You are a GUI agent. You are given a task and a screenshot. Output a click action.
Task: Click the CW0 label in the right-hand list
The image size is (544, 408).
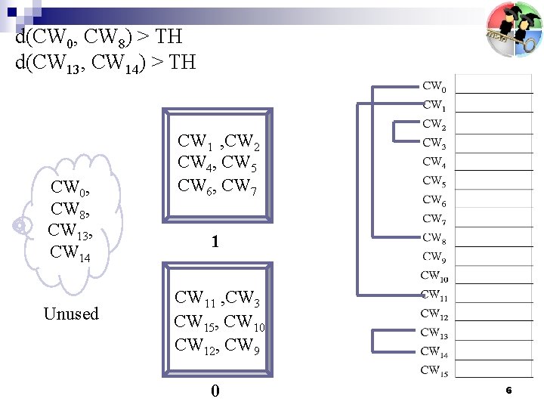click(x=434, y=87)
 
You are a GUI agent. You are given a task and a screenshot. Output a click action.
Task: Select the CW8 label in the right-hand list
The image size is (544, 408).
click(x=434, y=238)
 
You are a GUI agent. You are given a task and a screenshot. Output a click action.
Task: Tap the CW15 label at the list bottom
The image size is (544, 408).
click(x=434, y=370)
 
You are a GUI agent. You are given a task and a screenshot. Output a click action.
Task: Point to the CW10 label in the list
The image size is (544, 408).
click(x=434, y=276)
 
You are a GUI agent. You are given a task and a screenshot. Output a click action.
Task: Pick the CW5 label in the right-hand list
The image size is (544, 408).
click(x=434, y=181)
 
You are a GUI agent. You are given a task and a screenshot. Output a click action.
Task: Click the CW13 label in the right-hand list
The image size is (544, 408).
click(x=434, y=332)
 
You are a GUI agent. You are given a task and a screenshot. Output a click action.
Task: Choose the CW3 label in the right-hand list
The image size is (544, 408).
click(x=434, y=144)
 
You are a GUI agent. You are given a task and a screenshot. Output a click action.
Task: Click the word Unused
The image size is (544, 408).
click(x=71, y=314)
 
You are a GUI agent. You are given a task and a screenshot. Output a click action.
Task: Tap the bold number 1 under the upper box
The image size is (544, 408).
click(x=215, y=243)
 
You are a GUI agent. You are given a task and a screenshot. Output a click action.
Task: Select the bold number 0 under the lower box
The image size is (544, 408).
click(x=215, y=391)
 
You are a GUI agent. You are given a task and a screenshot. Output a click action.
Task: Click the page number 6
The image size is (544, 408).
click(x=508, y=391)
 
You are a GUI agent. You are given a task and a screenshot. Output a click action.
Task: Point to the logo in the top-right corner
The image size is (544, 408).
click(x=514, y=29)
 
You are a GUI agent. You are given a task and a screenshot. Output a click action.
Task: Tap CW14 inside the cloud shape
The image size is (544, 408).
click(x=70, y=252)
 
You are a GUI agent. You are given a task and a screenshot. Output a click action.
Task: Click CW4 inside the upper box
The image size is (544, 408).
click(x=193, y=162)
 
